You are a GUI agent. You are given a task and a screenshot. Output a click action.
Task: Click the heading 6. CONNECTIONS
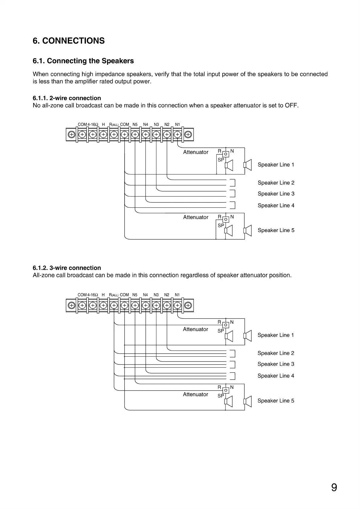pos(69,41)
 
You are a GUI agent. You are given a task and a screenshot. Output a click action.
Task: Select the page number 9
pos(334,488)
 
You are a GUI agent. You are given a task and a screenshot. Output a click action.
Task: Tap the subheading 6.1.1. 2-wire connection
pos(67,98)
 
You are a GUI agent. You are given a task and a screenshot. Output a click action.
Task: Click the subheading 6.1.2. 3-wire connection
pos(67,268)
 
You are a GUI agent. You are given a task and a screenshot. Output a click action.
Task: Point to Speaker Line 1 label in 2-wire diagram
pos(276,165)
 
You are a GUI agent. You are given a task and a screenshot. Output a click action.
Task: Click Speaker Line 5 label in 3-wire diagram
pos(276,401)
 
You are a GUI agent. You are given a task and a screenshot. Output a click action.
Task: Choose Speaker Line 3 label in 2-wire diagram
pos(276,194)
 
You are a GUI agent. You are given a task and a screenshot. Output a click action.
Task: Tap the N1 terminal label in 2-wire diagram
pos(178,125)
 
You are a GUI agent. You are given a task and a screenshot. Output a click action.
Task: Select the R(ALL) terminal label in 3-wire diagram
pos(114,295)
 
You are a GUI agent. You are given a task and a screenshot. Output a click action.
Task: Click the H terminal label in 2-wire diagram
pos(103,125)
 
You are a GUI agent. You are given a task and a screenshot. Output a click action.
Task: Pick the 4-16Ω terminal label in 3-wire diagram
pos(93,295)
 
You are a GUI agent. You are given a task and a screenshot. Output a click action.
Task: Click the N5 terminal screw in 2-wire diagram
pos(135,135)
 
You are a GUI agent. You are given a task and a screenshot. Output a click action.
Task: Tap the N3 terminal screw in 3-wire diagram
pos(156,305)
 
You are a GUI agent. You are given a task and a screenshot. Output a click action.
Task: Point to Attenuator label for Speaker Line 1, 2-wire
pos(196,152)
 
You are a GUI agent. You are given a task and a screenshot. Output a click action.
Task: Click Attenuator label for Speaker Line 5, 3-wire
pos(195,394)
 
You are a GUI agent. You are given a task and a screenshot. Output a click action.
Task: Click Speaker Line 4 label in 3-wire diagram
pos(276,376)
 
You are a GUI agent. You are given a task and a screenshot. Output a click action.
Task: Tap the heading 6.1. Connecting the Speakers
pos(83,61)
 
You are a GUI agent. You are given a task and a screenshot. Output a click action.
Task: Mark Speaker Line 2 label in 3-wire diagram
pos(276,353)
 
